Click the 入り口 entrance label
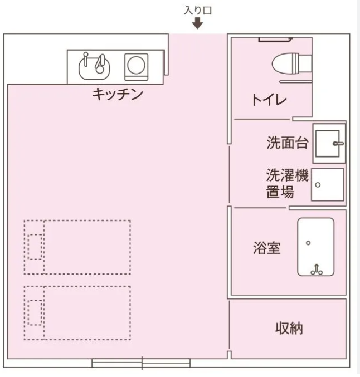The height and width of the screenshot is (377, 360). [x=198, y=11]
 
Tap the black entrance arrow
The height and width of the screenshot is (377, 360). [x=197, y=24]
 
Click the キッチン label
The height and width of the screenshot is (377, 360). [x=118, y=94]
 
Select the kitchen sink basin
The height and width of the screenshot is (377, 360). [x=94, y=68]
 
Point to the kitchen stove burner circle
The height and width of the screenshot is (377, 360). [x=136, y=65]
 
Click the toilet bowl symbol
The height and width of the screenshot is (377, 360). [x=292, y=63]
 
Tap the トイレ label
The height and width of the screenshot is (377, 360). [x=269, y=100]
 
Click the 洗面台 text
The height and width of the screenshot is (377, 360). [x=288, y=143]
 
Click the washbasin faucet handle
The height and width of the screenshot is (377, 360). [x=338, y=144]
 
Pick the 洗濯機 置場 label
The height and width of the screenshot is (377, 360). [x=288, y=183]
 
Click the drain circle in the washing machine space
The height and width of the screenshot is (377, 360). [x=318, y=185]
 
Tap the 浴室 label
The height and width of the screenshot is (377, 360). [x=267, y=248]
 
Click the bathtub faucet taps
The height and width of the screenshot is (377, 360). [x=317, y=270]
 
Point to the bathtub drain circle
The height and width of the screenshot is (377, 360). [x=308, y=243]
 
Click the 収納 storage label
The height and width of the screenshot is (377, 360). [x=289, y=328]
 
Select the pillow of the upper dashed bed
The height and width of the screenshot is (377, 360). [x=35, y=247]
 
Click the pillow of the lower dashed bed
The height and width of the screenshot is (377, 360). [x=35, y=312]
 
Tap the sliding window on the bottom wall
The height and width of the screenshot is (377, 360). [x=141, y=363]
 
